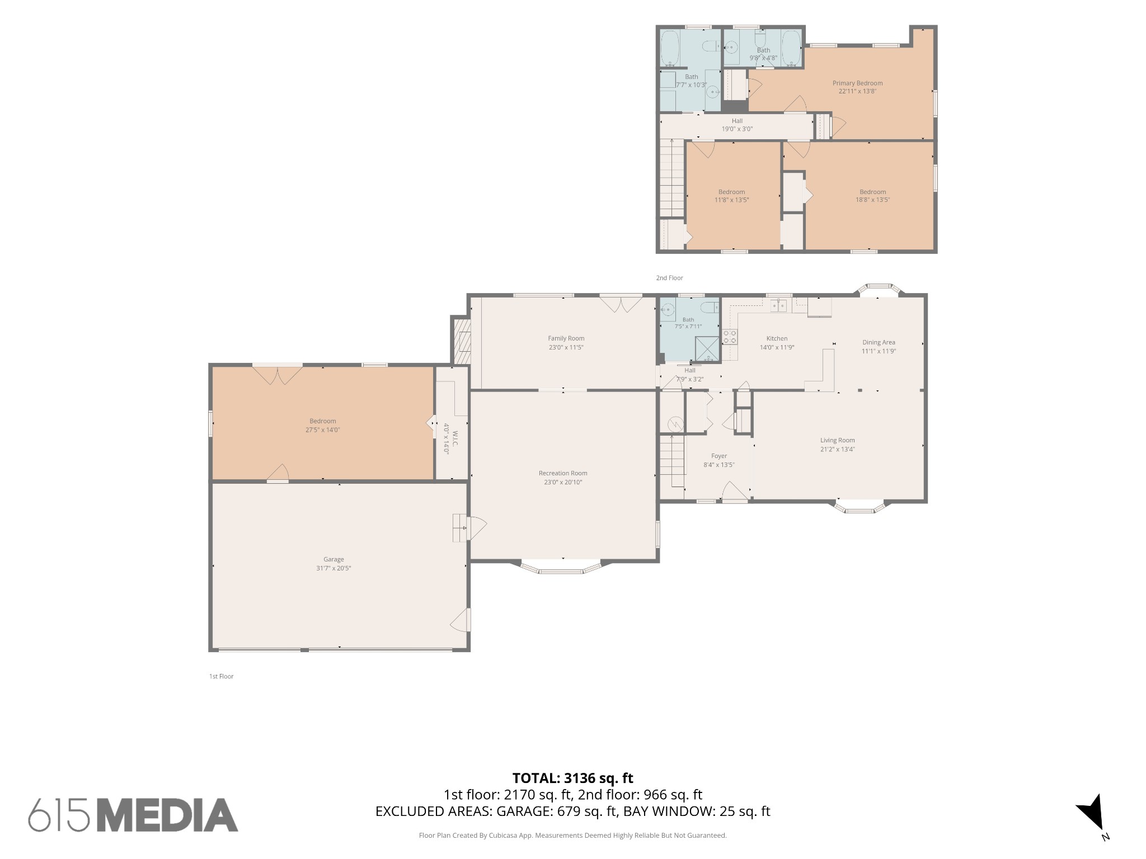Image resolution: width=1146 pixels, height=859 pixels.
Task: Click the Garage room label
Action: pos(334,559)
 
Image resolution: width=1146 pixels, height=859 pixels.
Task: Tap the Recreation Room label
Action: pos(563,473)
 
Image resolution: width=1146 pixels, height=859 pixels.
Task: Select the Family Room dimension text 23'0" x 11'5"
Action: pos(566,347)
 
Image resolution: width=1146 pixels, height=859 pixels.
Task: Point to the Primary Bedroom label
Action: pos(857,83)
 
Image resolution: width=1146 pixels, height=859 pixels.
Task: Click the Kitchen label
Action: pos(777,338)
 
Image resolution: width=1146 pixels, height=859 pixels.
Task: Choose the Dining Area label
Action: pos(879,342)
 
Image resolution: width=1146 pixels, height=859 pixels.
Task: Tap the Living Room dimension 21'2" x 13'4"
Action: pos(838,449)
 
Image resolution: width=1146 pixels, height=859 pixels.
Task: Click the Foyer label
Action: pos(719,456)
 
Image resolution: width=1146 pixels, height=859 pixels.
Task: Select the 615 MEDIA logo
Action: pos(133,815)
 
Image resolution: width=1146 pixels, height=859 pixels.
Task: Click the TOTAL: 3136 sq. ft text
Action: pos(572,778)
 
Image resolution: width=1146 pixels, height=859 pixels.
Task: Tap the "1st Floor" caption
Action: pos(221,677)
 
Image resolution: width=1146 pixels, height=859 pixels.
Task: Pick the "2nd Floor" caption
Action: pos(669,278)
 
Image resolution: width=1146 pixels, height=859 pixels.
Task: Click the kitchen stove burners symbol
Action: pos(730,337)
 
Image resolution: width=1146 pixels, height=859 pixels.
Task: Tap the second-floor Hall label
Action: pos(737,121)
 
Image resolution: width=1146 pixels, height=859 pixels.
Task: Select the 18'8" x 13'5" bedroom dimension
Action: pos(872,200)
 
